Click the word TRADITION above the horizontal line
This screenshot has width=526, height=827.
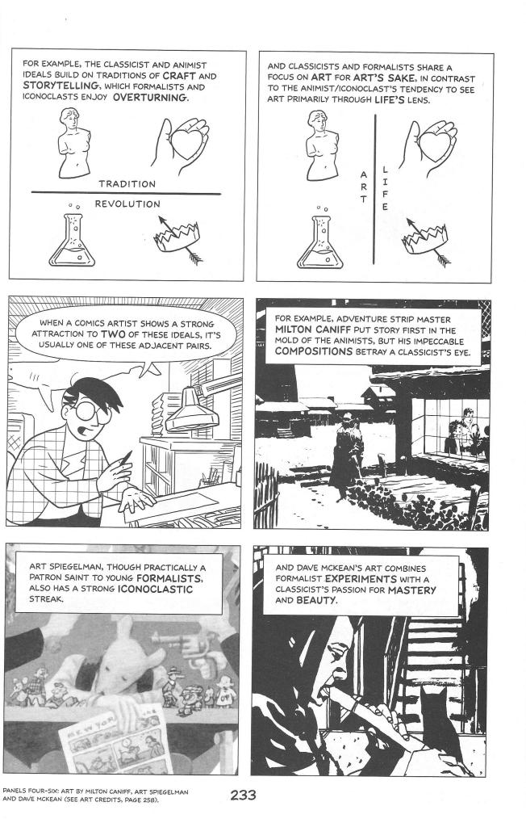point(127,183)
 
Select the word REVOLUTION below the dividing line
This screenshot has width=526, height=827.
point(127,204)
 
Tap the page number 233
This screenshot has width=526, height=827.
point(243,796)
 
